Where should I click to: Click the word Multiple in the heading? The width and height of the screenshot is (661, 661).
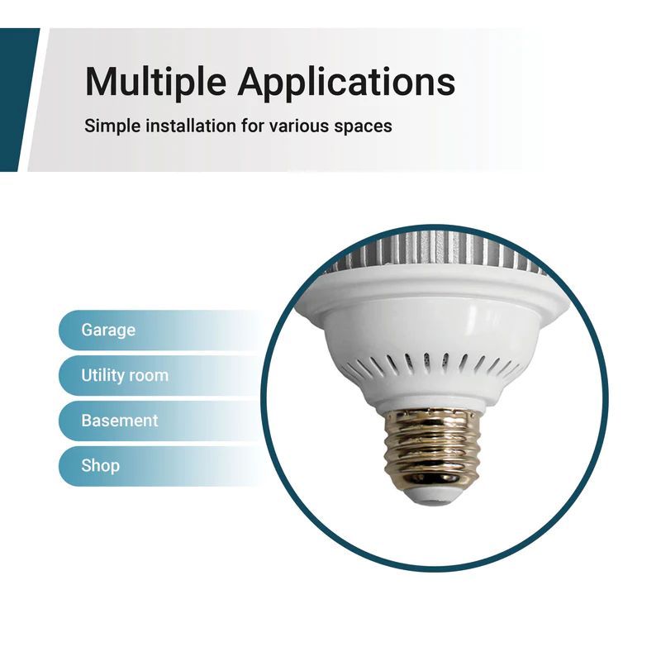click(x=155, y=82)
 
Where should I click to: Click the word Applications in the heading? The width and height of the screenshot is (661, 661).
click(x=346, y=83)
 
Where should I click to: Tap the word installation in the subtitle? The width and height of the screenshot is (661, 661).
click(x=182, y=126)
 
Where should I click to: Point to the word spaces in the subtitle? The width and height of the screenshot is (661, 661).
click(x=360, y=127)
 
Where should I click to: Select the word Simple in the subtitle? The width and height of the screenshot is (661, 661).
click(x=107, y=126)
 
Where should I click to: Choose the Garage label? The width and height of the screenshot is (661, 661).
click(x=108, y=330)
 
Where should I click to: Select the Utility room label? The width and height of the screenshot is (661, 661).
click(x=124, y=375)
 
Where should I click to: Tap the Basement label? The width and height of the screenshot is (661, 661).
click(x=119, y=421)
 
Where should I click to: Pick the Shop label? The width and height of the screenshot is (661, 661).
click(x=100, y=465)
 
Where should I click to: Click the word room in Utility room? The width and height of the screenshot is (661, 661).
click(x=149, y=375)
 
